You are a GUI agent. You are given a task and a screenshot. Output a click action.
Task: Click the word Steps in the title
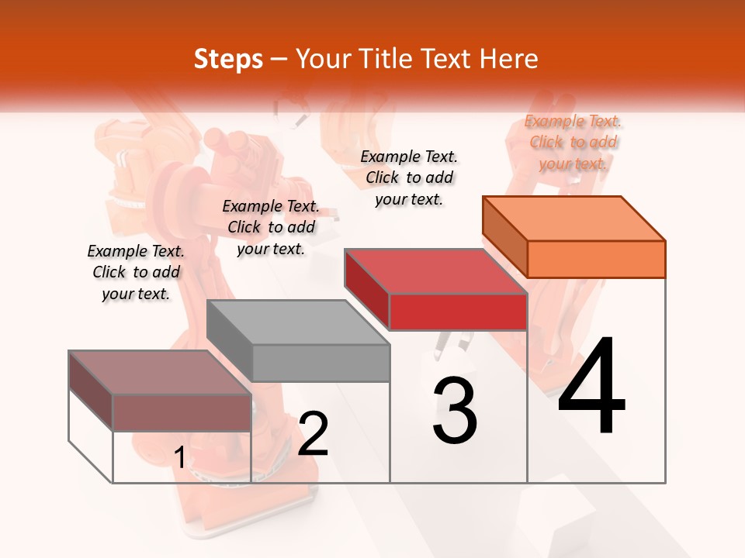coord(228,59)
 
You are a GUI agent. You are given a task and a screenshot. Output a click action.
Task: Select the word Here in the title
coord(508,59)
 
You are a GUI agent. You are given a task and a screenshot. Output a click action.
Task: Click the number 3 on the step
coord(455,410)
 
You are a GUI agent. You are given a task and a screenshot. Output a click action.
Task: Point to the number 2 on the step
coord(314,434)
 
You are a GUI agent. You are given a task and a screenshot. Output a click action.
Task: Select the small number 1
coord(179,458)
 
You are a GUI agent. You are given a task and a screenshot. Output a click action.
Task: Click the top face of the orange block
coord(574,219)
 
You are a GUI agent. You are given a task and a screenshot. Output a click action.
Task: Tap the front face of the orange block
coord(596,259)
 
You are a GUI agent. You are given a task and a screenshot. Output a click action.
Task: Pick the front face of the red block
coord(458,312)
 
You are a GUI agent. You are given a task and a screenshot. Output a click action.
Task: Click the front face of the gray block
coord(321,363)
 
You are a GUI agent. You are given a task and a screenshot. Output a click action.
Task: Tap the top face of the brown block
coord(160,373)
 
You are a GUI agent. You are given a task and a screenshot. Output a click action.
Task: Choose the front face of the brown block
coord(182,413)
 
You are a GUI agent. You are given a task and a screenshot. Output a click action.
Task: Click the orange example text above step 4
coord(573,142)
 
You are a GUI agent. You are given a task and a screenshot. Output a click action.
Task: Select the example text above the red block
coord(409,177)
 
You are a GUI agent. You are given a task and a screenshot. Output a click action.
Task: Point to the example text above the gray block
coord(271,227)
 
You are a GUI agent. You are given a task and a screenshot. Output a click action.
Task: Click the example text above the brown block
coord(136,272)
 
